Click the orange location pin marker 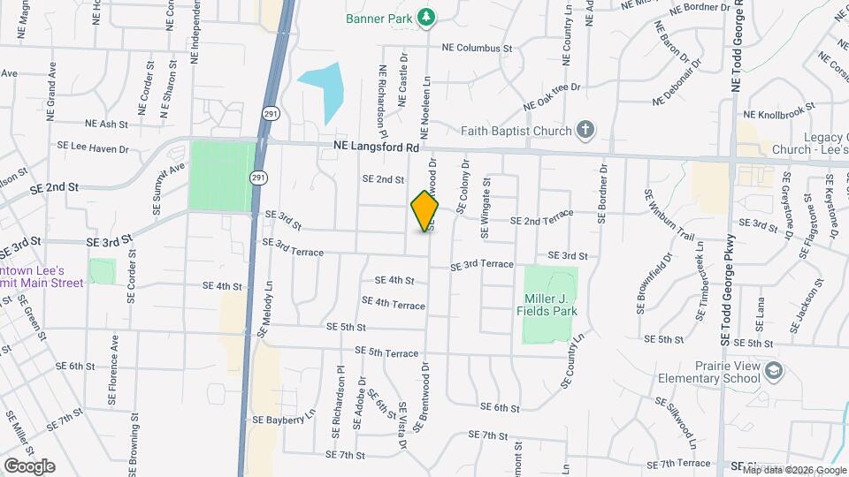pos(424,211)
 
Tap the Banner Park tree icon pos(426,17)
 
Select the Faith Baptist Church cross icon pos(584,131)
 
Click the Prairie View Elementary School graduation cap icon pos(775,369)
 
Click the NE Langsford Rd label pos(376,148)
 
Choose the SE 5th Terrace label pos(386,352)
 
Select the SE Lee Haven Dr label pos(93,148)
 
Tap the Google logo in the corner pos(28,466)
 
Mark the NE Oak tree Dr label pos(551,96)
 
